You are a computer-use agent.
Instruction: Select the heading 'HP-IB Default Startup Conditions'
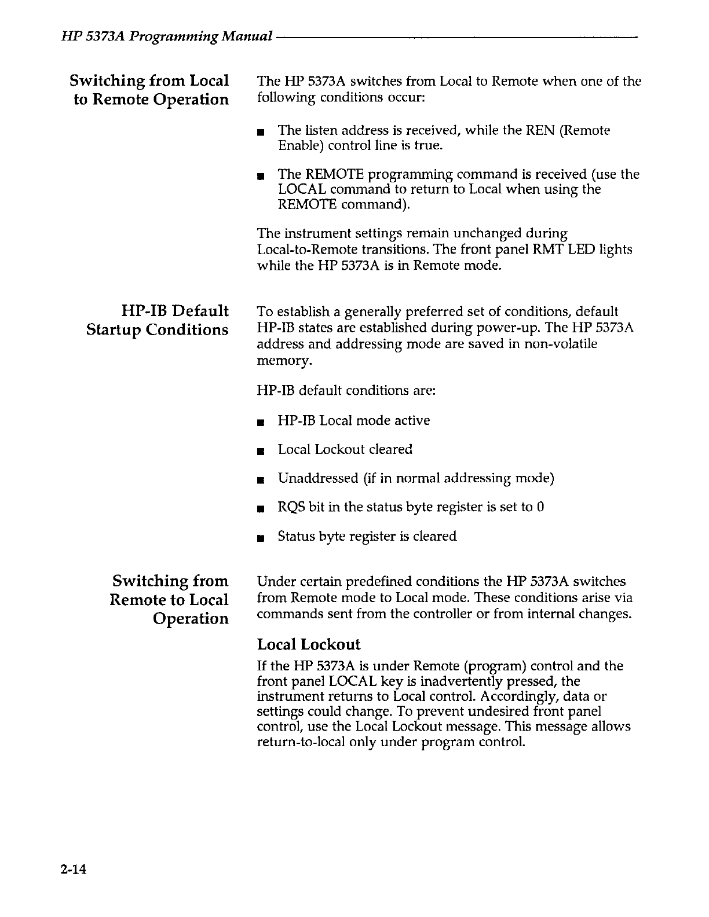[158, 320]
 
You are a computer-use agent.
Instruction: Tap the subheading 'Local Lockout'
[308, 645]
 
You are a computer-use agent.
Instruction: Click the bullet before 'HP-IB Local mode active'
[261, 422]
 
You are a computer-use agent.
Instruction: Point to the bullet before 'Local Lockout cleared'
[261, 451]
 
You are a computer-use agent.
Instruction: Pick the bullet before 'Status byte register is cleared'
[261, 538]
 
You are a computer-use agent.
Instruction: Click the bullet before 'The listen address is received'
[261, 132]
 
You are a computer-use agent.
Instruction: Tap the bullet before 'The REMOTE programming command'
[261, 175]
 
